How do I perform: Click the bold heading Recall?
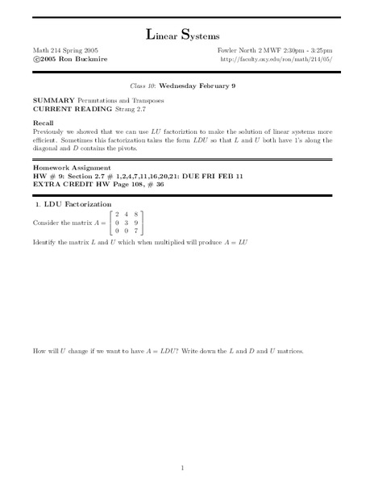(44, 121)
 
